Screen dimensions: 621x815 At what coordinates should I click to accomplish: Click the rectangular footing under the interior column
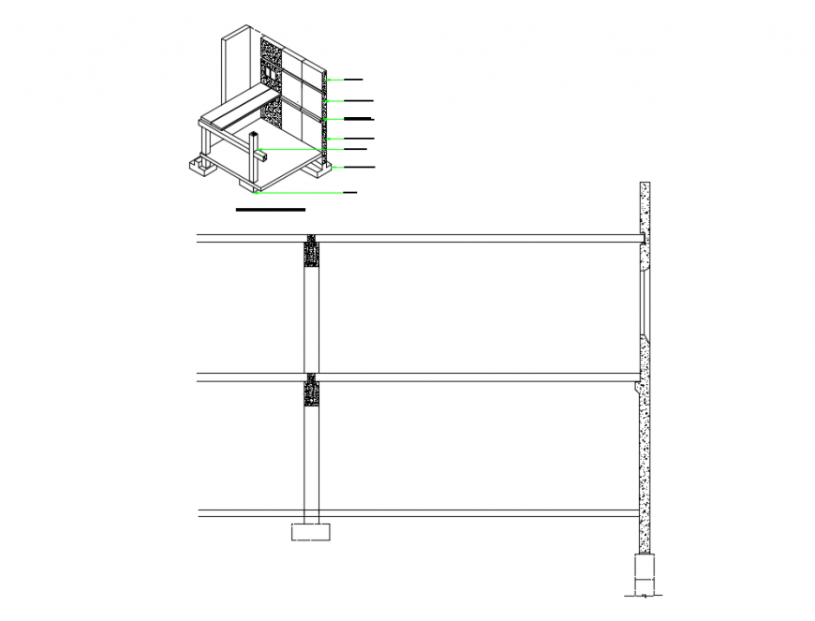(x=311, y=531)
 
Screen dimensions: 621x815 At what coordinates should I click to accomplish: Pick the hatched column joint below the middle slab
(x=312, y=391)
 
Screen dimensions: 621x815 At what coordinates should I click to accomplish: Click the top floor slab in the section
(x=468, y=239)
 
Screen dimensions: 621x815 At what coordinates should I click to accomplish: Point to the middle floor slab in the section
(x=468, y=377)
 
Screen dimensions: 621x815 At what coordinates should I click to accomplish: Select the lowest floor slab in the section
(x=468, y=513)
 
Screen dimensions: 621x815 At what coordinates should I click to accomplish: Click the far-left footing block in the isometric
(x=200, y=166)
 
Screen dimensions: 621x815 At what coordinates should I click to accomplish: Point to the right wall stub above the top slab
(x=645, y=208)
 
